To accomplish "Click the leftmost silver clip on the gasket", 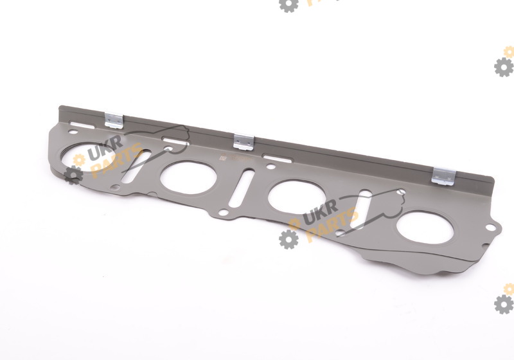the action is tap(114, 120).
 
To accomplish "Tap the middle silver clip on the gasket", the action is tap(244, 142).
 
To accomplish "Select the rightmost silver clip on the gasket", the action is tap(443, 176).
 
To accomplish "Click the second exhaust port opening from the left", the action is tap(188, 177).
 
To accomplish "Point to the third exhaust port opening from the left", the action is tap(297, 197).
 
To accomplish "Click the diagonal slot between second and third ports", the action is tap(242, 188).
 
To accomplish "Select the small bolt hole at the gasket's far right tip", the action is tap(490, 227).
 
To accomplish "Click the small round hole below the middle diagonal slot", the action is tap(223, 213).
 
